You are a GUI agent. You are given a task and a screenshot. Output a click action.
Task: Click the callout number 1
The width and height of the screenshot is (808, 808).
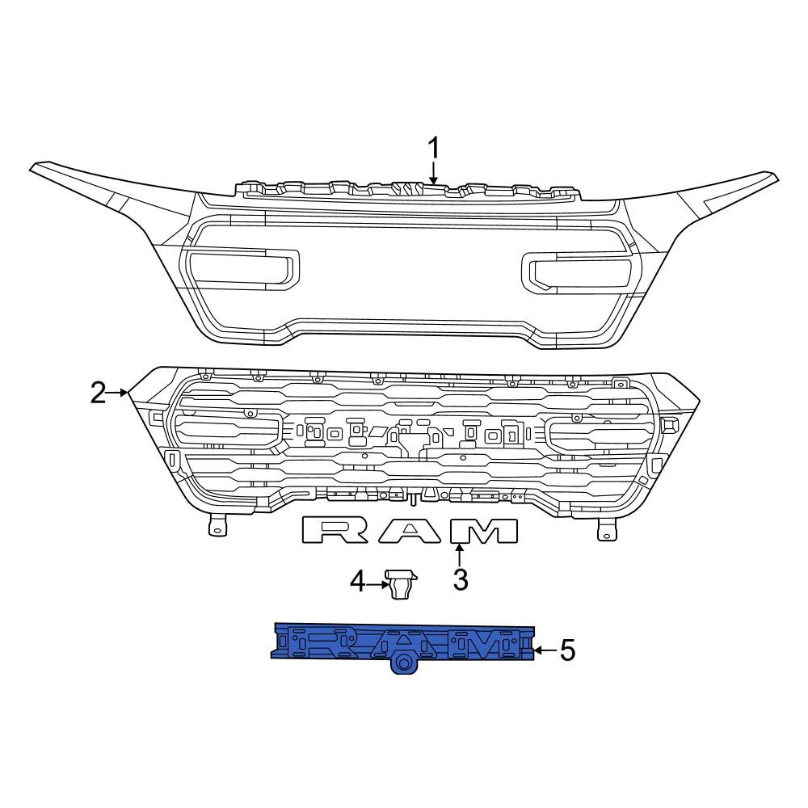click(x=434, y=149)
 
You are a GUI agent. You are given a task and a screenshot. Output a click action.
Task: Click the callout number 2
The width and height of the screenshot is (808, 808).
click(x=99, y=393)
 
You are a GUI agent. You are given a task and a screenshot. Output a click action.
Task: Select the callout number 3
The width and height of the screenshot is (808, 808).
click(x=460, y=579)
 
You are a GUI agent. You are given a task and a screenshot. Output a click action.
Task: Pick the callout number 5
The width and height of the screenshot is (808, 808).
click(x=567, y=650)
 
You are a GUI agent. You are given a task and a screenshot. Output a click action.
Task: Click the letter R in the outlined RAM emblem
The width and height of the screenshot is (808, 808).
click(x=336, y=530)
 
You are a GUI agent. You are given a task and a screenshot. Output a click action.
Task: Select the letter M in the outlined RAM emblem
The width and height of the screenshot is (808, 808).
click(x=483, y=530)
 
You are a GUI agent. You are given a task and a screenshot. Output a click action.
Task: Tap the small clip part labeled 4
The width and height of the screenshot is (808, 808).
click(x=402, y=583)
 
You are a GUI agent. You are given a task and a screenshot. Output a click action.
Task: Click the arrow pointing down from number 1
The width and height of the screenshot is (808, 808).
click(x=434, y=175)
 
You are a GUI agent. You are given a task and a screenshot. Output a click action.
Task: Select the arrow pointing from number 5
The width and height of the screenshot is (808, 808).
click(x=546, y=650)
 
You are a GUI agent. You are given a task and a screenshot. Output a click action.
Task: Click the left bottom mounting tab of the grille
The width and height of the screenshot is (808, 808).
click(x=215, y=526)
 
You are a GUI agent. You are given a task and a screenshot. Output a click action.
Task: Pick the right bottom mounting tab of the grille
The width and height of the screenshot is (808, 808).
click(x=605, y=529)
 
